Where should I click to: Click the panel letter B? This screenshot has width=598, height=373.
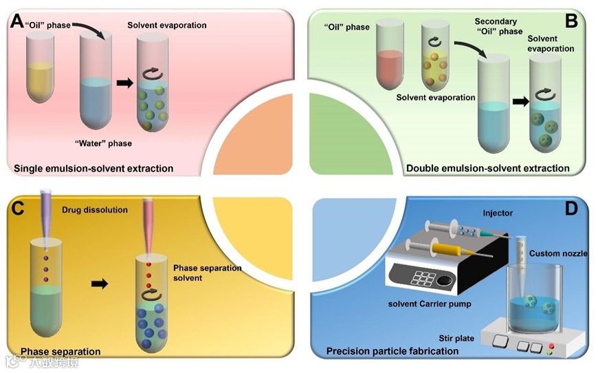pyautogui.click(x=571, y=21)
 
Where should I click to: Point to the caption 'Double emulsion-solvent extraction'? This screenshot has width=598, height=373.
pyautogui.click(x=487, y=168)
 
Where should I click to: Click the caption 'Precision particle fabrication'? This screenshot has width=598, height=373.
pyautogui.click(x=392, y=351)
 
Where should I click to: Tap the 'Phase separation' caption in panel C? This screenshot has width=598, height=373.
pyautogui.click(x=60, y=352)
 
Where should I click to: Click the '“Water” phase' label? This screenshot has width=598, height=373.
pyautogui.click(x=103, y=143)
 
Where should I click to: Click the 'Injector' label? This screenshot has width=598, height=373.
pyautogui.click(x=497, y=213)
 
